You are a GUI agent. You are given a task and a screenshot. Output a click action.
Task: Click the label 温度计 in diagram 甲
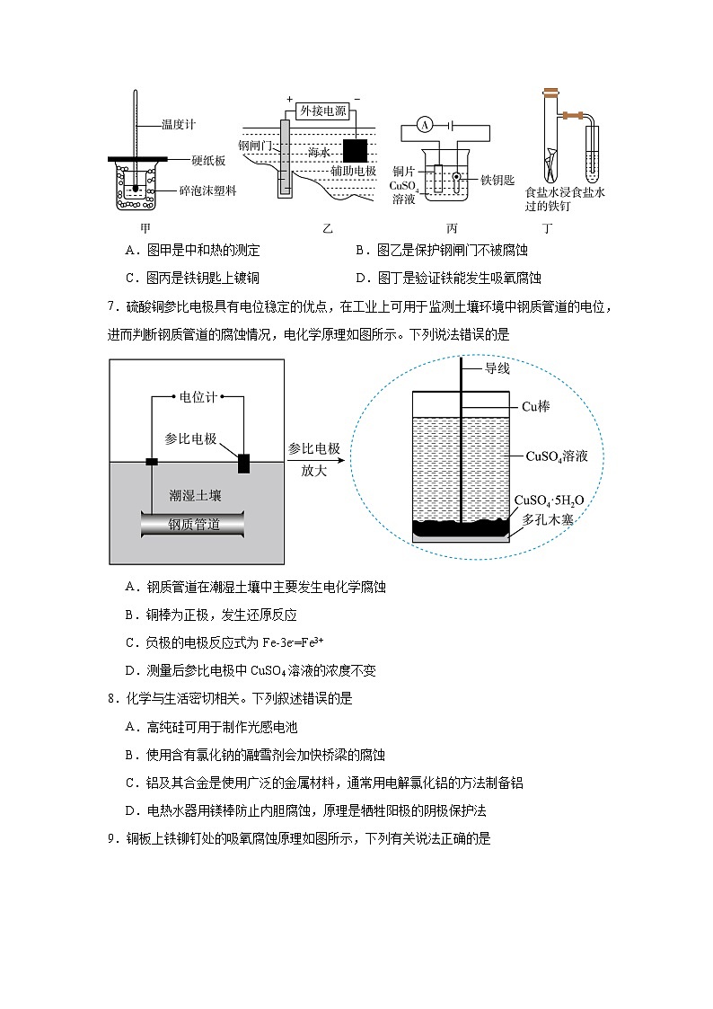tap(178, 125)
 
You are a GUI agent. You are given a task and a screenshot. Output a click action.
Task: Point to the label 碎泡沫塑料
tap(208, 190)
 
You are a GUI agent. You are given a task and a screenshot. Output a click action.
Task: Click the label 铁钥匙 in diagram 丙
tap(497, 180)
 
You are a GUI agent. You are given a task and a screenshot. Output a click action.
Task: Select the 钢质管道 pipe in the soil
tap(193, 525)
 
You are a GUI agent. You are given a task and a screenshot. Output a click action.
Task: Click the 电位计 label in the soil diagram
tap(197, 396)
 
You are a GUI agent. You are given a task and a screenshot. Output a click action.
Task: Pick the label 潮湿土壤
tap(195, 495)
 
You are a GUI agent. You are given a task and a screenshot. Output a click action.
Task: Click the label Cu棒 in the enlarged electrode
tap(536, 406)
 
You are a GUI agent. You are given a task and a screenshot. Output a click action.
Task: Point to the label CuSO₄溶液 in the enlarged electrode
tap(556, 456)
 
